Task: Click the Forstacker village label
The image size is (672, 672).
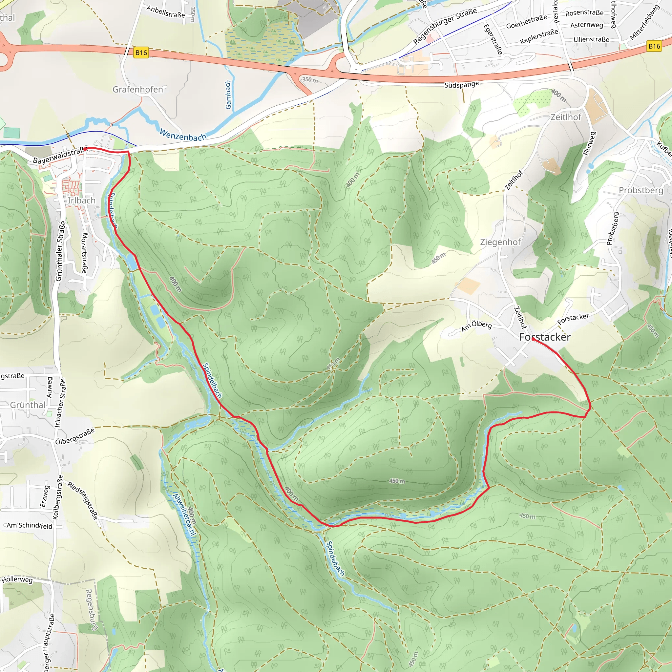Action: [545, 337]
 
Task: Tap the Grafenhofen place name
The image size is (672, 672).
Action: [138, 90]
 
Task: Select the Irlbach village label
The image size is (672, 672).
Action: [81, 201]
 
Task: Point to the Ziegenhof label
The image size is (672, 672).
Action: [500, 242]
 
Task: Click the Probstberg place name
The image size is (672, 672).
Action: [641, 190]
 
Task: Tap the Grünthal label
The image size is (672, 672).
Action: [28, 405]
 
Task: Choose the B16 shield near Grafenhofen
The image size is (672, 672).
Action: [141, 52]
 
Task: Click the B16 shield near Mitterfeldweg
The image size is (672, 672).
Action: [654, 46]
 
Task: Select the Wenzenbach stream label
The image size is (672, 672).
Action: [183, 135]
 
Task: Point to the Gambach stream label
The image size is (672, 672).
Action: [228, 94]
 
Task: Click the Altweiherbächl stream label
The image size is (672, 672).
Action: [184, 515]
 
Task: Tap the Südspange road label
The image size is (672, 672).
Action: [462, 85]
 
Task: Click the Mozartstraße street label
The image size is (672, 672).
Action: [85, 253]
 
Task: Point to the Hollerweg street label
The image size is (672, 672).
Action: [17, 580]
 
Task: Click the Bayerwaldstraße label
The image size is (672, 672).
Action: [59, 156]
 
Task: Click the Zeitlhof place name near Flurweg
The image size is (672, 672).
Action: [566, 117]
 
